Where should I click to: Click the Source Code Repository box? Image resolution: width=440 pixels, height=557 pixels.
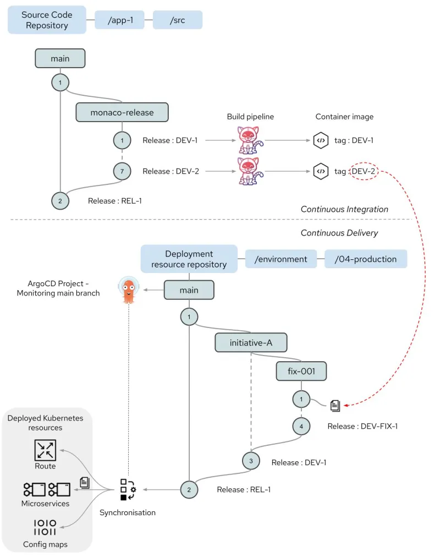pyautogui.click(x=47, y=20)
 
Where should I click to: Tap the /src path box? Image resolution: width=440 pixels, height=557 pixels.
pyautogui.click(x=178, y=20)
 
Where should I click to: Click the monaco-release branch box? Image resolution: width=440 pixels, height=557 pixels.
pyautogui.click(x=122, y=112)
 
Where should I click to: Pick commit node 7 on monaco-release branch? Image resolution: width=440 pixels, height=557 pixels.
pyautogui.click(x=122, y=171)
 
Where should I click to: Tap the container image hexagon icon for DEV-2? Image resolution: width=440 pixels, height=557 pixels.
pyautogui.click(x=320, y=171)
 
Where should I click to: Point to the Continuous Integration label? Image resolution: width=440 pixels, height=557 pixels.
pyautogui.click(x=344, y=209)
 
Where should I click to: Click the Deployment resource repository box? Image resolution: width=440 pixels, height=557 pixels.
pyautogui.click(x=189, y=259)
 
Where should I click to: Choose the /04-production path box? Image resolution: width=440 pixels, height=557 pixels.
pyautogui.click(x=365, y=259)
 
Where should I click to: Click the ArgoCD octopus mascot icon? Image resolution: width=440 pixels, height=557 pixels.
pyautogui.click(x=128, y=290)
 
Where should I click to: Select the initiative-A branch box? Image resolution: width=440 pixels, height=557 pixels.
pyautogui.click(x=251, y=343)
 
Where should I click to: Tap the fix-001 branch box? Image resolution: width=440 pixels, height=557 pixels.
pyautogui.click(x=301, y=371)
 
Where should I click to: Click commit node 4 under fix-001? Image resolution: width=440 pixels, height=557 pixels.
pyautogui.click(x=301, y=425)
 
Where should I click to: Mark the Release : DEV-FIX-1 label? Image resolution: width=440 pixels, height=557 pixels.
pyautogui.click(x=362, y=426)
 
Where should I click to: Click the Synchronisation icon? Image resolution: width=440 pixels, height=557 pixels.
pyautogui.click(x=128, y=489)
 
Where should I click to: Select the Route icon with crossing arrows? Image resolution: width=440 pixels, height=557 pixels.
pyautogui.click(x=45, y=450)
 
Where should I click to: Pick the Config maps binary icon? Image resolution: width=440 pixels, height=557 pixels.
pyautogui.click(x=45, y=527)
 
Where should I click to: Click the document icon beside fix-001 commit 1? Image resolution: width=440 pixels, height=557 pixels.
pyautogui.click(x=335, y=406)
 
